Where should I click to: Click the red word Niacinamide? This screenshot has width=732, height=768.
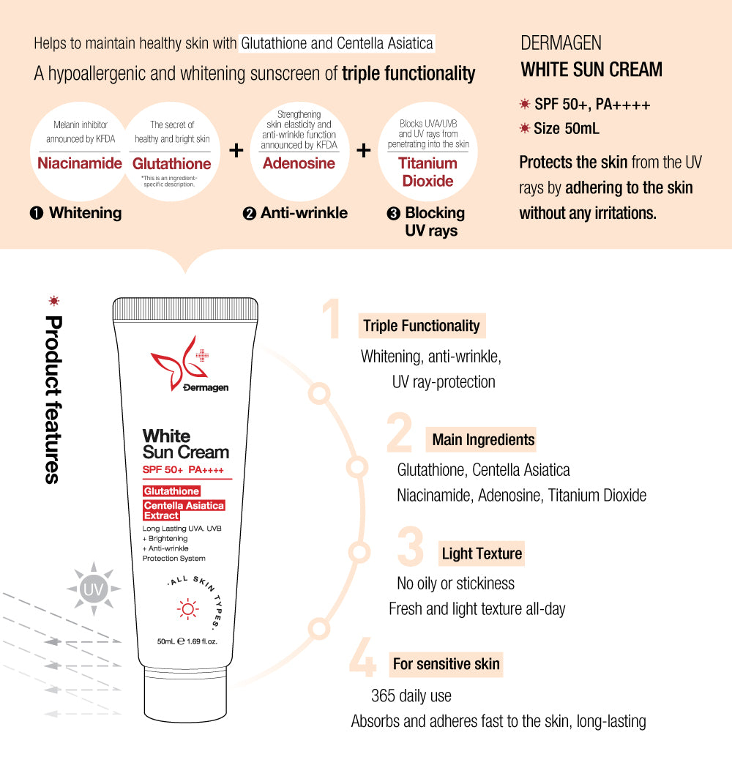(x=79, y=163)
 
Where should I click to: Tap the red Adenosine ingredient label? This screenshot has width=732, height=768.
(x=299, y=163)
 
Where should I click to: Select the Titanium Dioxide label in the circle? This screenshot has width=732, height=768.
(x=427, y=172)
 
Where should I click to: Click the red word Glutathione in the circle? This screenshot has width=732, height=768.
(x=171, y=163)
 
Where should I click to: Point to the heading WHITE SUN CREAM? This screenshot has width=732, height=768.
(x=591, y=70)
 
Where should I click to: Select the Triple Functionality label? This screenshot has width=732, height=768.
(x=422, y=326)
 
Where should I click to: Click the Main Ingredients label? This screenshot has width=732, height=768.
(x=483, y=439)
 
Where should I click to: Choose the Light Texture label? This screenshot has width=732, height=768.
(x=482, y=553)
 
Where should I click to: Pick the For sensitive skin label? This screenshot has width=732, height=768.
(x=446, y=664)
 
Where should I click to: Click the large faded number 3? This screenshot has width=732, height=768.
(x=410, y=548)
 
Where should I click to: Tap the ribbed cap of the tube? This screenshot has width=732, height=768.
(x=186, y=311)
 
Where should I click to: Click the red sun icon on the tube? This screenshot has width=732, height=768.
(x=188, y=608)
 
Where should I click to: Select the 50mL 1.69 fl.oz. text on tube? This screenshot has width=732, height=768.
(x=187, y=641)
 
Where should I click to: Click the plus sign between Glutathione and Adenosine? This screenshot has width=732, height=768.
(x=236, y=151)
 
